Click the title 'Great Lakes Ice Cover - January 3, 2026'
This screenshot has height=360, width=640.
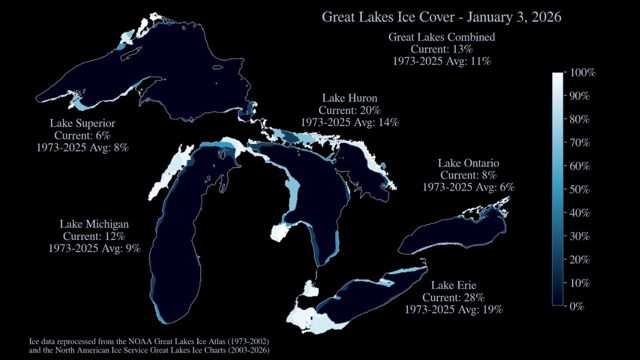441,17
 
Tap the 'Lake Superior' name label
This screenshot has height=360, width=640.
82,123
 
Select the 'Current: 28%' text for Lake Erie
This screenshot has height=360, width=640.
453,297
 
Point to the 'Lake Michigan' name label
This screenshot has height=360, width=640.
94,224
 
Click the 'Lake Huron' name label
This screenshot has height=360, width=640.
349,98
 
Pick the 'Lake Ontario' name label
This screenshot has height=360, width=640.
468,163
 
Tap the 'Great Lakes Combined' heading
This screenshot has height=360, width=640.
441,37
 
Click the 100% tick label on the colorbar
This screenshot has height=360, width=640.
582,73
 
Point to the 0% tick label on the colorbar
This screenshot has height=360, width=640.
576,306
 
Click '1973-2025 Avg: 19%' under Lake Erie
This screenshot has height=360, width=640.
453,309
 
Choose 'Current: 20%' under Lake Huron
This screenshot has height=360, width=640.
349,110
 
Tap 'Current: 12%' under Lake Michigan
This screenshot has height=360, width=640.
94,236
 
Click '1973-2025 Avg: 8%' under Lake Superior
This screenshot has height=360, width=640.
82,147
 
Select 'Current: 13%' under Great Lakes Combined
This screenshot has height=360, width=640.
441,49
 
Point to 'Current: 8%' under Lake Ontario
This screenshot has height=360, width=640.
468,175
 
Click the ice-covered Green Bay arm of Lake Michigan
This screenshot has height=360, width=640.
172,170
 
